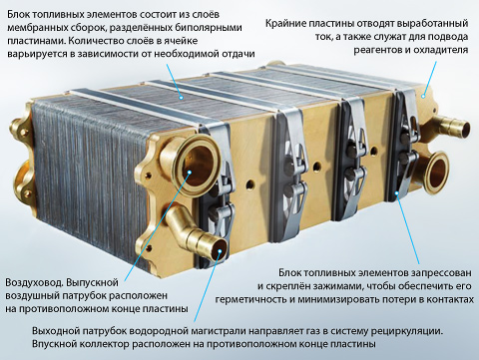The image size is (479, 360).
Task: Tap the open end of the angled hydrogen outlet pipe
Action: (x=218, y=250)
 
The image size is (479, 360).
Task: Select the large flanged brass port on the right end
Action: (x=436, y=173)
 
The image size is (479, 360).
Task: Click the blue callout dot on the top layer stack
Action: (x=181, y=98)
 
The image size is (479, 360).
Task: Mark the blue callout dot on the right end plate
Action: (x=423, y=96)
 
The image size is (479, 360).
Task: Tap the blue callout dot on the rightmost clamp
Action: (x=396, y=192)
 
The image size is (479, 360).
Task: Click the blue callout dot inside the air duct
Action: (x=190, y=172)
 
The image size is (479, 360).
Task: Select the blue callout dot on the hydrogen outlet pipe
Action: (x=220, y=250)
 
